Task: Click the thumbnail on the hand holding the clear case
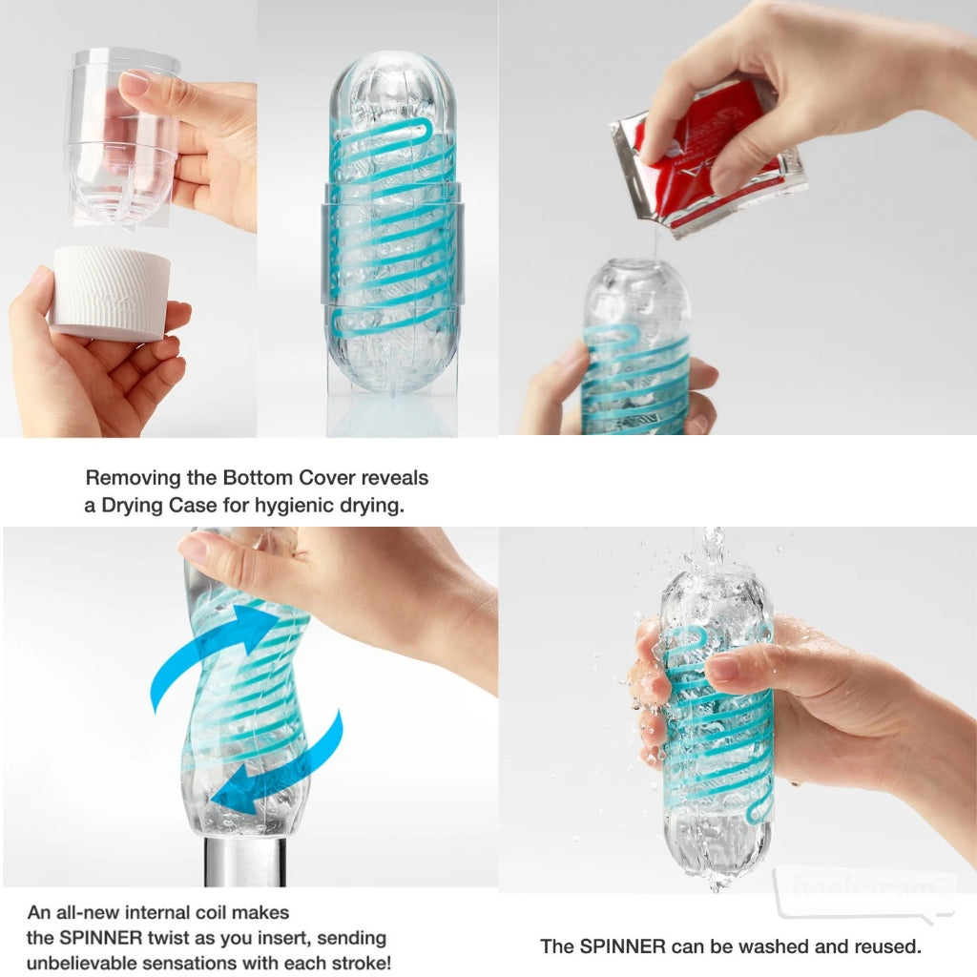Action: (x=135, y=83)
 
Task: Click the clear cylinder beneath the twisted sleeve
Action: (x=244, y=859)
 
